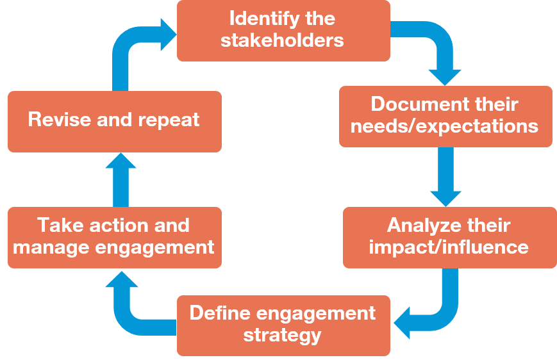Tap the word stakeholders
[282, 40]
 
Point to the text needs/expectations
[445, 126]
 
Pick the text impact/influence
[449, 247]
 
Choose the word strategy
[282, 334]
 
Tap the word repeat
[169, 119]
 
